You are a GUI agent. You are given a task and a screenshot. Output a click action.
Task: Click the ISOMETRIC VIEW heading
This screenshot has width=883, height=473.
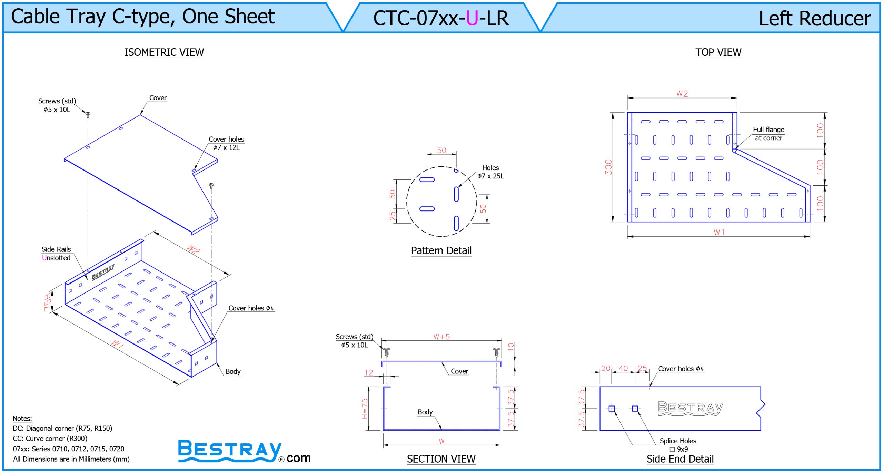click(x=164, y=52)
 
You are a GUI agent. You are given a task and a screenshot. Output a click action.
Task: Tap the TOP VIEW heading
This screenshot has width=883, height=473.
click(x=718, y=52)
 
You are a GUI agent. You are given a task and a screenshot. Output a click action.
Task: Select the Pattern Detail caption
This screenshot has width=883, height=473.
click(x=441, y=250)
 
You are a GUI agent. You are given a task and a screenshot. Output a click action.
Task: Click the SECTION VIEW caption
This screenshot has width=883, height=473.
click(x=441, y=459)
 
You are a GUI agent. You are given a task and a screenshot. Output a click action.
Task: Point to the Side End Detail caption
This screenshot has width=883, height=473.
click(x=680, y=459)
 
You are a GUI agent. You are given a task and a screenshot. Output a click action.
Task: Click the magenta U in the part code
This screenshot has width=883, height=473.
click(x=472, y=18)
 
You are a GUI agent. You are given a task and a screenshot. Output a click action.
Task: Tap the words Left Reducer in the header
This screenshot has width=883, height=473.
click(x=815, y=18)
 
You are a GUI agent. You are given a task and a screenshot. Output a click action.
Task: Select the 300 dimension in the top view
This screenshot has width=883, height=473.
click(x=608, y=167)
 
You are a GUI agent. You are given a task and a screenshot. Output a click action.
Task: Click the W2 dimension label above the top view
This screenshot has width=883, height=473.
click(x=682, y=94)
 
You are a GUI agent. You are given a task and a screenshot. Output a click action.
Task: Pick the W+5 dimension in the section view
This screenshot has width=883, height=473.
click(x=441, y=337)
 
